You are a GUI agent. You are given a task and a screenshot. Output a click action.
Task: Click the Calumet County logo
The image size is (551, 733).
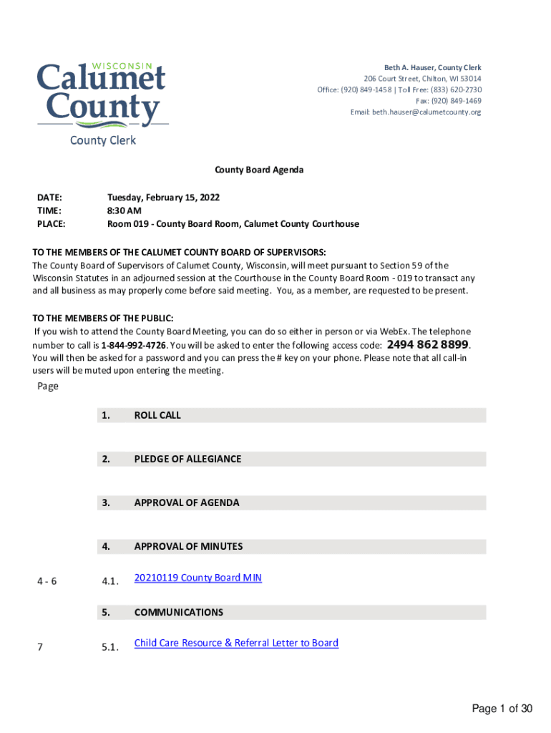tap(102, 96)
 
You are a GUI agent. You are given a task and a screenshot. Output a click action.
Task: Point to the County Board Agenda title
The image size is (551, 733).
tap(260, 170)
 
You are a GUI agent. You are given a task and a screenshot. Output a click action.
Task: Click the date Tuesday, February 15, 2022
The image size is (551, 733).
tap(163, 197)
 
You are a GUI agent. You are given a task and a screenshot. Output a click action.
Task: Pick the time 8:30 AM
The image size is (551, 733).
tap(125, 210)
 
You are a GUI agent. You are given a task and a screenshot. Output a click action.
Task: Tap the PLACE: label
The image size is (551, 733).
tap(51, 224)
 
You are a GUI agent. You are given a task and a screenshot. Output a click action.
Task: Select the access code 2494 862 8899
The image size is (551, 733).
tap(428, 344)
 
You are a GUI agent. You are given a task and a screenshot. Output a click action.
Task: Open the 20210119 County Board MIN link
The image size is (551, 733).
tap(198, 578)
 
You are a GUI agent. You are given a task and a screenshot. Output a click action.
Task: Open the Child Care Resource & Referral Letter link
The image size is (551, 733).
tap(236, 643)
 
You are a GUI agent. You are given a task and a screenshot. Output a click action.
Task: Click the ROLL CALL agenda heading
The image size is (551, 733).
tap(157, 415)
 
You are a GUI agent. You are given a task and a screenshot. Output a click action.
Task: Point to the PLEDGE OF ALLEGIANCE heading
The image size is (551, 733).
tap(187, 459)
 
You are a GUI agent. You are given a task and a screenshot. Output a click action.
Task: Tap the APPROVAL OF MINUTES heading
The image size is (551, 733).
tap(188, 546)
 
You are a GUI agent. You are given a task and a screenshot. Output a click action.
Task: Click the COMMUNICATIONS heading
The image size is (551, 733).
tap(178, 612)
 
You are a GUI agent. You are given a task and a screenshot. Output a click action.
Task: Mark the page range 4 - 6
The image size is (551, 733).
tap(47, 581)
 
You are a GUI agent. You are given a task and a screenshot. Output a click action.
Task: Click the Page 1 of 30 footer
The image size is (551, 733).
tap(502, 709)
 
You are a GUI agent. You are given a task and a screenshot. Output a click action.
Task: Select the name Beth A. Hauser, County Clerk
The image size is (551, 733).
tap(433, 67)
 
